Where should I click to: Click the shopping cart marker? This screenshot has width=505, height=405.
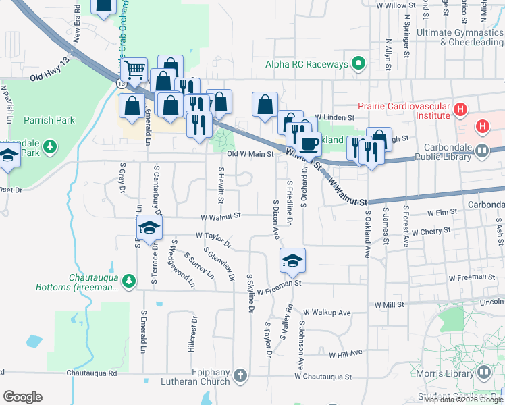coord(134,68)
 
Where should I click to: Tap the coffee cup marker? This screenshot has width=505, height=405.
coord(309,143)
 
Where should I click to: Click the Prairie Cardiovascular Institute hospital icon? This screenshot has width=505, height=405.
coord(460,109)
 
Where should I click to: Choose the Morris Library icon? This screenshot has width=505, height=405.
coord(483,372)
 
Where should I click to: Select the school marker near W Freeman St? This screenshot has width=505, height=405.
coord(292,260)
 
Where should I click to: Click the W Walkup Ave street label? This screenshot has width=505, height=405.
coord(327,313)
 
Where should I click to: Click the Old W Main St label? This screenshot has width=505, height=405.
coord(250,154)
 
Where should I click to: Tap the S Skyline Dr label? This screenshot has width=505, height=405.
coord(250,293)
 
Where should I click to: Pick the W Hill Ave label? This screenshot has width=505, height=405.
coord(346,353)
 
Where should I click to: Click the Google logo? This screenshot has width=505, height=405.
coord(22,397)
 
